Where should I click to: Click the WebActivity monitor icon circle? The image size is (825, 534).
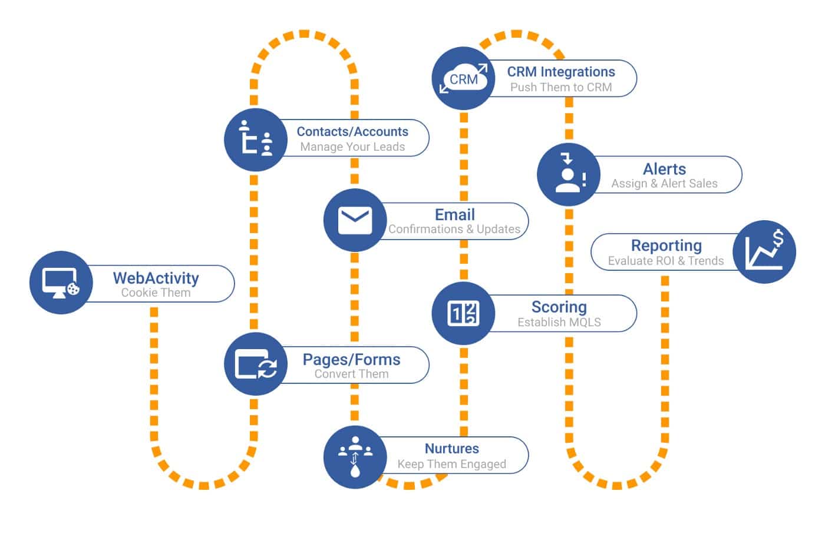tap(61, 283)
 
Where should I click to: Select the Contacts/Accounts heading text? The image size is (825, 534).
tap(352, 131)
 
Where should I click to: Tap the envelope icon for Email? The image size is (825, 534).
tap(355, 221)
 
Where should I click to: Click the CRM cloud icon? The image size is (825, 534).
tap(463, 79)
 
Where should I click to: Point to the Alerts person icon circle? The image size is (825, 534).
tap(569, 174)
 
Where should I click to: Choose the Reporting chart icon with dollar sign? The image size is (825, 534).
tap(764, 252)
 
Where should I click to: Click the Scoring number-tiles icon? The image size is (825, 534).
tap(463, 313)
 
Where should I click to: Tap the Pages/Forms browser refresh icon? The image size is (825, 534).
tap(256, 364)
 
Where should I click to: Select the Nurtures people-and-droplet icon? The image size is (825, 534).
tap(355, 457)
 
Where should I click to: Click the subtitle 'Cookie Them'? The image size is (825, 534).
tap(156, 293)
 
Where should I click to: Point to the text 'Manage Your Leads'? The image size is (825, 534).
tap(352, 147)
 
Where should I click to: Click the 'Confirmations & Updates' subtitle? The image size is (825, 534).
tap(454, 229)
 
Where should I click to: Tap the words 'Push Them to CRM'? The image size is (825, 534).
tap(561, 87)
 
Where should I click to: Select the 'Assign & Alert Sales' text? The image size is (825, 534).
tap(664, 184)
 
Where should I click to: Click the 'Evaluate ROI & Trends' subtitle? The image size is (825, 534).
tap(665, 261)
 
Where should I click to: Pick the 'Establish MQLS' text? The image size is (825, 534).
tap(559, 322)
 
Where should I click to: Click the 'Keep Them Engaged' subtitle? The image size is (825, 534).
tap(451, 464)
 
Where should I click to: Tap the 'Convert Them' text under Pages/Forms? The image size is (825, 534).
tap(351, 374)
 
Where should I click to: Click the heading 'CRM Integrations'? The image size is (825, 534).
tap(561, 72)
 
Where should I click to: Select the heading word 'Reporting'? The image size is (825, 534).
tap(666, 246)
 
